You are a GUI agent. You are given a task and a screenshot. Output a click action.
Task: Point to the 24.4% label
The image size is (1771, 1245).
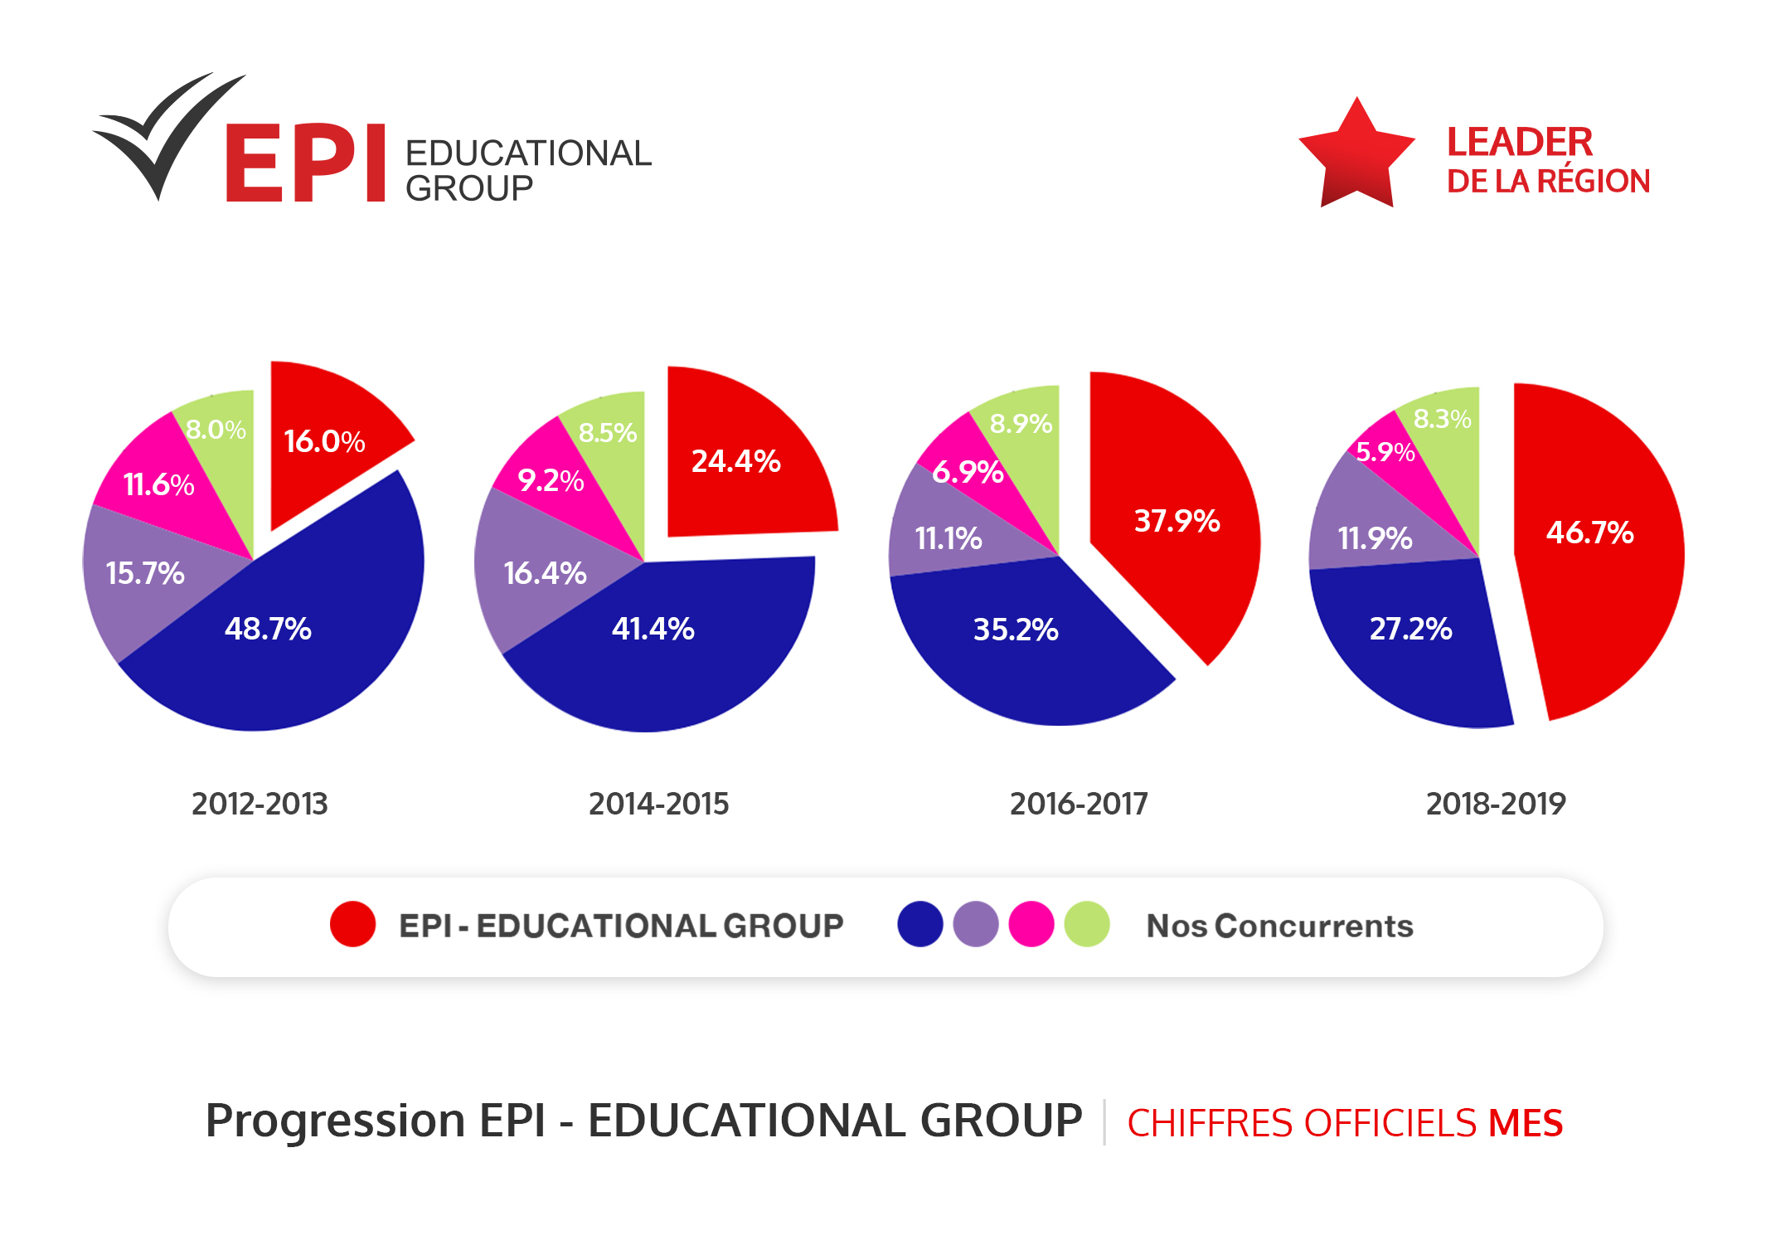(735, 461)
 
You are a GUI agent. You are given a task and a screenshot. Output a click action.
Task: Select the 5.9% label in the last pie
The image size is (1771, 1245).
(1384, 452)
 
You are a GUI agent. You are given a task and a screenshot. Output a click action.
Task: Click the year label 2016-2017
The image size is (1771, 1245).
(1078, 803)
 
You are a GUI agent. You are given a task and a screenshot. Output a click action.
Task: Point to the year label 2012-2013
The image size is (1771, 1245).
(260, 803)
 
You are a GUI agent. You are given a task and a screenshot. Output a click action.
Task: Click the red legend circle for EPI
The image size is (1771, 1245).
(352, 924)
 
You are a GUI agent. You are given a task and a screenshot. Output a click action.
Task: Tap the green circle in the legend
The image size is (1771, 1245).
(1086, 924)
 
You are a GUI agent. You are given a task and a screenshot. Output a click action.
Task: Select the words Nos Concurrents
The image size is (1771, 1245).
(1279, 926)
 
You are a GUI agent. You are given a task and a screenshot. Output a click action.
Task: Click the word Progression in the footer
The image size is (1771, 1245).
(335, 1121)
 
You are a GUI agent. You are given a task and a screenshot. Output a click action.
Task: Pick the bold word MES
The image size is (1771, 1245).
(1525, 1123)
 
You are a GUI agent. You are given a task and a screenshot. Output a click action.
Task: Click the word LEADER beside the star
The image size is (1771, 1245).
(1519, 143)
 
